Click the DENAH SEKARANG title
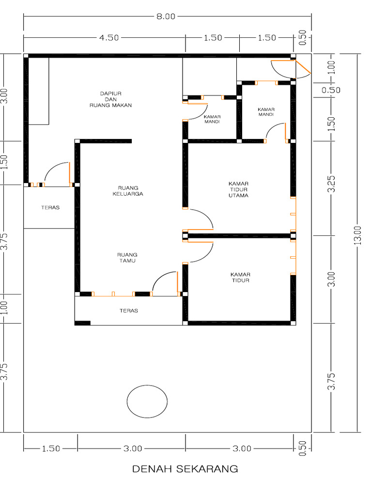pyautogui.click(x=185, y=469)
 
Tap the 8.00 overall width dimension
pyautogui.click(x=166, y=16)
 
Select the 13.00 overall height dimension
pyautogui.click(x=357, y=235)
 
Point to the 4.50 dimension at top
pyautogui.click(x=109, y=38)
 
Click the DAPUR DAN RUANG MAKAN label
pyautogui.click(x=110, y=99)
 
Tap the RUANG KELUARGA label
pyautogui.click(x=128, y=191)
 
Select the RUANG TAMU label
pyautogui.click(x=127, y=258)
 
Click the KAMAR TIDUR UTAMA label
pyautogui.click(x=238, y=189)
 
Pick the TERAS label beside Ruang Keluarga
pyautogui.click(x=50, y=207)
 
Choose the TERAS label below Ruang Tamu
pyautogui.click(x=129, y=310)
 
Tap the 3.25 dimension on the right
pyautogui.click(x=331, y=184)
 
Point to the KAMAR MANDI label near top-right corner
pyautogui.click(x=266, y=112)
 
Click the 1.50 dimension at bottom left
pyautogui.click(x=51, y=449)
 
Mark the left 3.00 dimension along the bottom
pyautogui.click(x=133, y=449)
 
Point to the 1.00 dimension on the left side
pyautogui.click(x=4, y=308)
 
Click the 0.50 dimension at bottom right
pyautogui.click(x=303, y=448)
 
